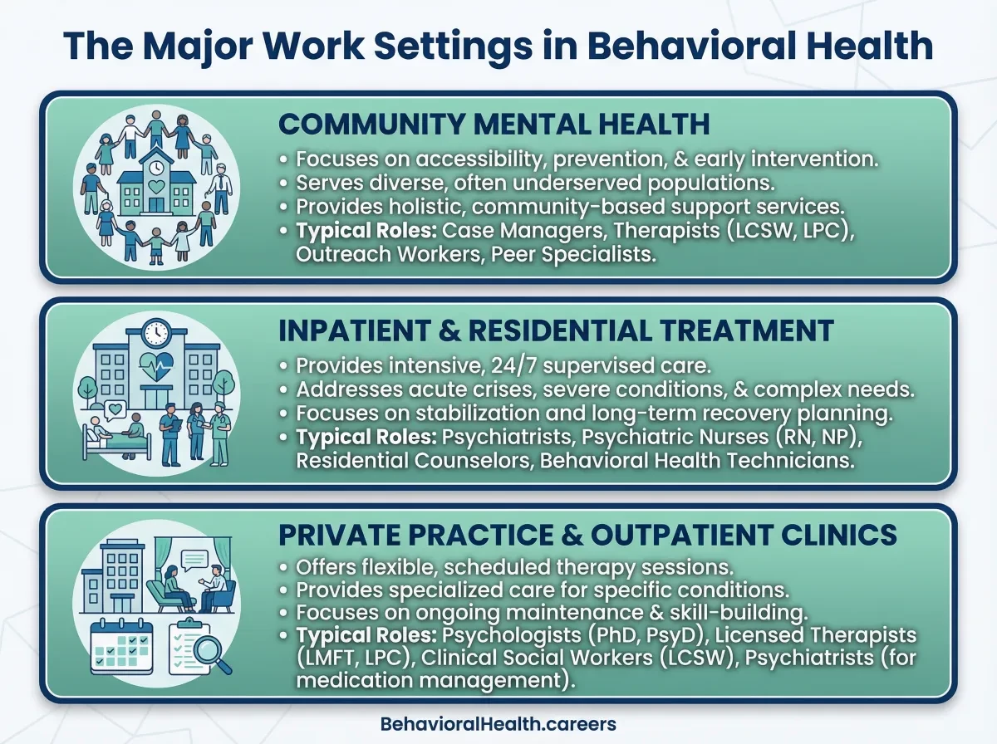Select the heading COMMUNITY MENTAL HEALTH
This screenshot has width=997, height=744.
494,124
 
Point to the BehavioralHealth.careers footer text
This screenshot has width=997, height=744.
498,724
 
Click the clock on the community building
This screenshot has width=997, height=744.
156,168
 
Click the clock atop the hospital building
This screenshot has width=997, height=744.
156,334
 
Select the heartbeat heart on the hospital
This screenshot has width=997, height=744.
156,365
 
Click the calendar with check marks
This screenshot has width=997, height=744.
122,646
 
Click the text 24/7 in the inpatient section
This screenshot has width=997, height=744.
514,366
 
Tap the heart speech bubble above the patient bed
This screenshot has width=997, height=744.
115,410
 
